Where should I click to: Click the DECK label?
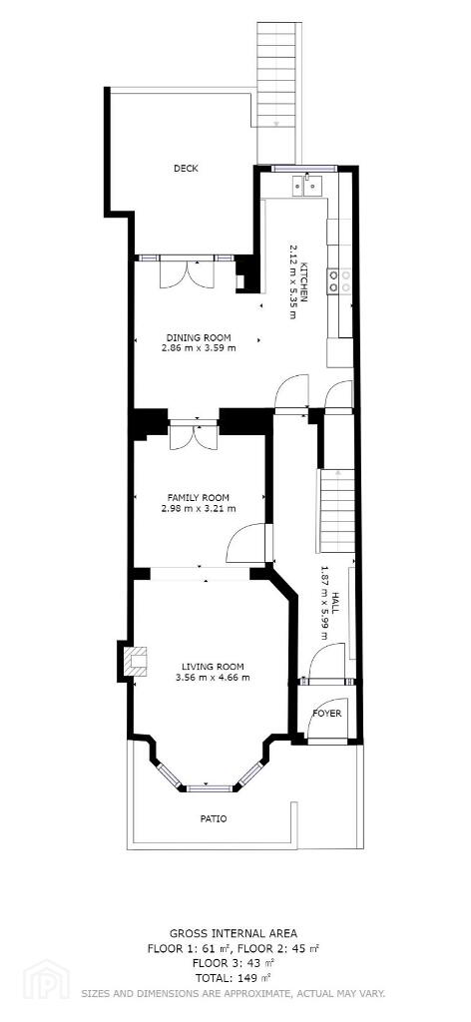[x=186, y=168]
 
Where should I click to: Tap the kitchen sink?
[x=307, y=186]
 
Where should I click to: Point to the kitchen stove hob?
[x=339, y=280]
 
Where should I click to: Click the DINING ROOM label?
[x=199, y=337]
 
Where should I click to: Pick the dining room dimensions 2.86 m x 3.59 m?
[x=199, y=348]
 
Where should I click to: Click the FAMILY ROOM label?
[x=198, y=498]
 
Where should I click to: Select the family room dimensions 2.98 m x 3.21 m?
[x=198, y=508]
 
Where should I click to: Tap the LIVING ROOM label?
[x=213, y=667]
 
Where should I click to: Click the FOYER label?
[x=327, y=713]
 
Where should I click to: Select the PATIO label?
[x=214, y=818]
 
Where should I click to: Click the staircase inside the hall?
[x=337, y=510]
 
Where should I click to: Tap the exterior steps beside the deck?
[x=278, y=91]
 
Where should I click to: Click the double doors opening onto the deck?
[x=187, y=272]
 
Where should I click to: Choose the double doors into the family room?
[x=194, y=435]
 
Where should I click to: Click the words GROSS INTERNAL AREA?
[x=234, y=934]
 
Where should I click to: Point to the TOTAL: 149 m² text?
[x=234, y=978]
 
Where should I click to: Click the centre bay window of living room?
[x=210, y=788]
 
